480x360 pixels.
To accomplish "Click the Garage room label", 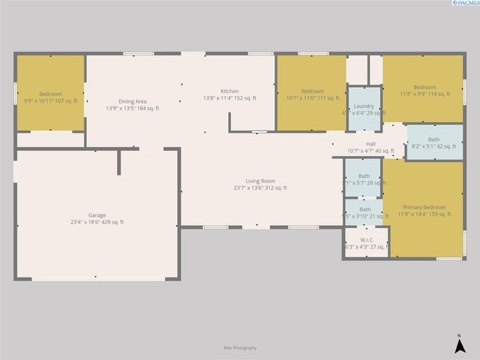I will pyautogui.click(x=97, y=214).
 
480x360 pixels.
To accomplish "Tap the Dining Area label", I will pyautogui.click(x=132, y=101).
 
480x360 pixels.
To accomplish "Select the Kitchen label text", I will pyautogui.click(x=229, y=91).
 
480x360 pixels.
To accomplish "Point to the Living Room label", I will pyautogui.click(x=260, y=181).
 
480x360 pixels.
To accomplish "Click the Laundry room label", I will pyautogui.click(x=364, y=106).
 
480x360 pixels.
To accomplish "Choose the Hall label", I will pyautogui.click(x=370, y=144).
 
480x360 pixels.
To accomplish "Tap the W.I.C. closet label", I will pyautogui.click(x=365, y=240).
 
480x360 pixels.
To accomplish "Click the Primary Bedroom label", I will pyautogui.click(x=424, y=207).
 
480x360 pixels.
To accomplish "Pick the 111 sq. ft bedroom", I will pyautogui.click(x=312, y=94).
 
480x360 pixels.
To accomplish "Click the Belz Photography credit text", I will pyautogui.click(x=240, y=348).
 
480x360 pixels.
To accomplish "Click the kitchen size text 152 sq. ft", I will pyautogui.click(x=245, y=98).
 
